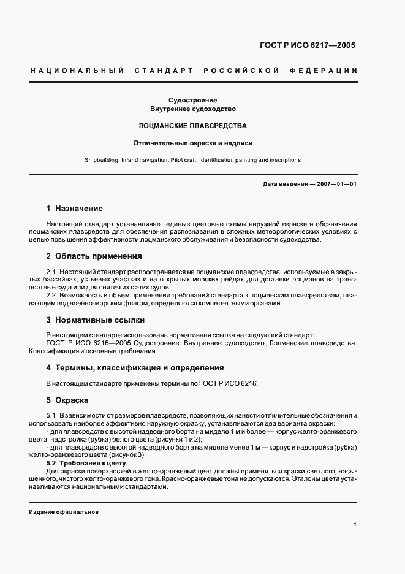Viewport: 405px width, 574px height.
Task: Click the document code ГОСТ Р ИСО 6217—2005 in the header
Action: [x=308, y=45]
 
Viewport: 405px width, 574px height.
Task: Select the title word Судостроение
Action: [x=193, y=100]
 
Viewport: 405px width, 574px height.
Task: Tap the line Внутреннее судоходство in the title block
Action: [x=193, y=109]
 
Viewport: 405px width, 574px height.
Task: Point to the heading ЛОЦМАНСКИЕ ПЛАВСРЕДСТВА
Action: [x=193, y=126]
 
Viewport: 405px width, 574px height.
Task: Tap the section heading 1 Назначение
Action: [x=75, y=209]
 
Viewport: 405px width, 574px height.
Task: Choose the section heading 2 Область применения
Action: [x=94, y=256]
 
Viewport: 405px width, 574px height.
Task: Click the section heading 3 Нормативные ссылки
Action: [x=95, y=320]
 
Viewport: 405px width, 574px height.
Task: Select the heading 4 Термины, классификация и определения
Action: [x=135, y=368]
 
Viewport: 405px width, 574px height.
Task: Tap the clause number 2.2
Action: [x=51, y=296]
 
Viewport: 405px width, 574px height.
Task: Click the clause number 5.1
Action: [x=51, y=416]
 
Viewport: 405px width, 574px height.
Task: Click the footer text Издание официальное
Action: [x=64, y=512]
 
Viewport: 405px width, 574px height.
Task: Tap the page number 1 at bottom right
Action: [x=355, y=524]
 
